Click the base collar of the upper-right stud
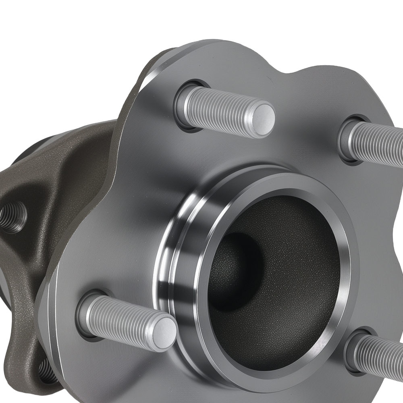tap(346, 139)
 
